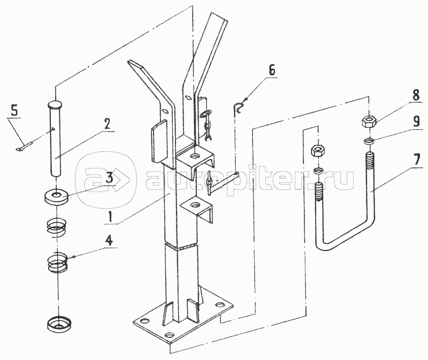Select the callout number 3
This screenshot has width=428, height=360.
pyautogui.click(x=109, y=178)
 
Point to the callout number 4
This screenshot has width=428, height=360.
pyautogui.click(x=109, y=241)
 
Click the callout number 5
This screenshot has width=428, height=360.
pyautogui.click(x=14, y=112)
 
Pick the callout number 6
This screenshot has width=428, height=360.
pyautogui.click(x=271, y=70)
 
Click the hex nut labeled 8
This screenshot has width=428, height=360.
pyautogui.click(x=369, y=120)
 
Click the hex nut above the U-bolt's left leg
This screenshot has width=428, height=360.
pyautogui.click(x=318, y=151)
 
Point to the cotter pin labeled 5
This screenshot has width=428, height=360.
pyautogui.click(x=24, y=145)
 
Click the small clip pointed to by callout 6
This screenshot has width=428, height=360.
pyautogui.click(x=238, y=107)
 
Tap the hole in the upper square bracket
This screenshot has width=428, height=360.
pyautogui.click(x=195, y=156)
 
